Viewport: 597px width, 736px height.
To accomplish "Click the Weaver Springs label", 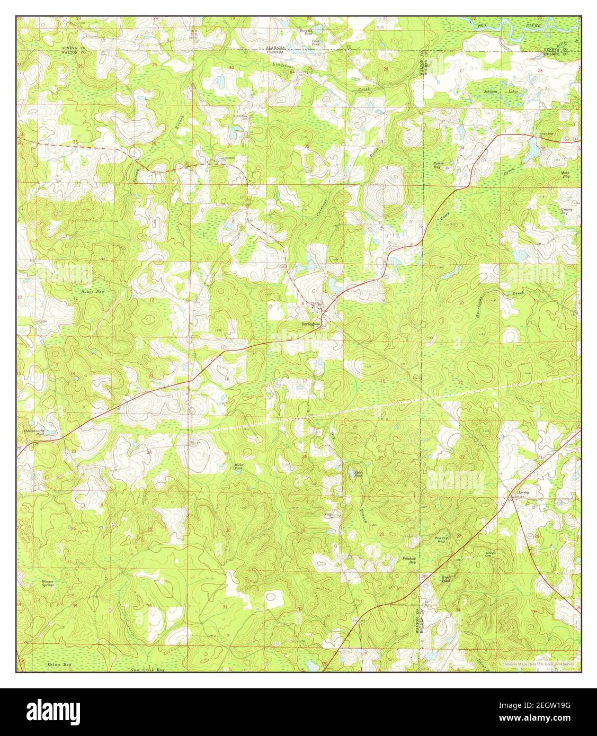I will [49, 583].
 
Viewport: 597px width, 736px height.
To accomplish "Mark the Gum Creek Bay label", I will [148, 670].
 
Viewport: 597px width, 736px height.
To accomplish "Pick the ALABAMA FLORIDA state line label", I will [275, 50].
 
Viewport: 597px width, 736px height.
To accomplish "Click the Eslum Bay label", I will [44, 664].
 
